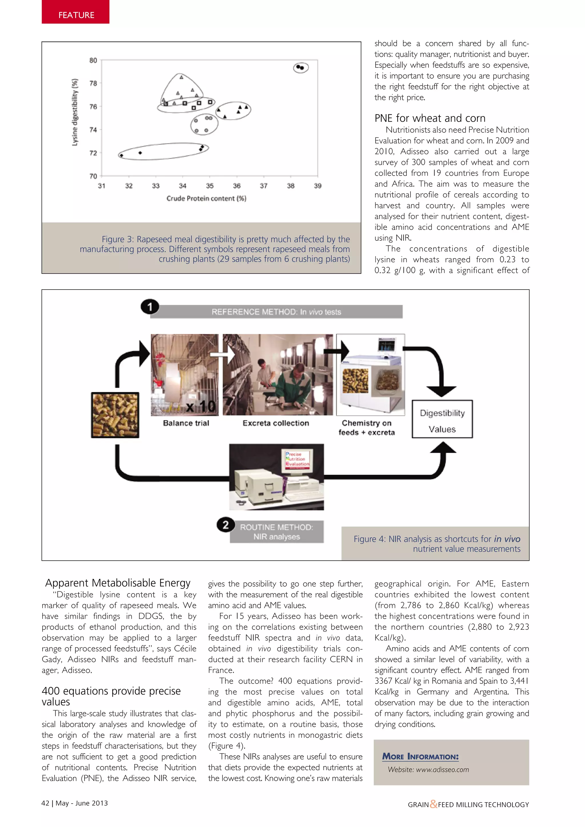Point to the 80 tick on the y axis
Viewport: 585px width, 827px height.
pyautogui.click(x=93, y=60)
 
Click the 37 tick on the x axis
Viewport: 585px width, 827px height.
pyautogui.click(x=263, y=186)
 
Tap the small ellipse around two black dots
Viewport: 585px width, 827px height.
pyautogui.click(x=301, y=67)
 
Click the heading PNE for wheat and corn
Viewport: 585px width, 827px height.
pyautogui.click(x=430, y=118)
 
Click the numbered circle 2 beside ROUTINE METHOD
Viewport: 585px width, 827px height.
pyautogui.click(x=225, y=525)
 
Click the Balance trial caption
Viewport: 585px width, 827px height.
pyautogui.click(x=186, y=423)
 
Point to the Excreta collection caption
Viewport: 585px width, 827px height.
pyautogui.click(x=276, y=423)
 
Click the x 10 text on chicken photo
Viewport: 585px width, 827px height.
pyautogui.click(x=201, y=407)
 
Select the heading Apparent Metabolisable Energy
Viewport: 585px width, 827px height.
pyautogui.click(x=117, y=583)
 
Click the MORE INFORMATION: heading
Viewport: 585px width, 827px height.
pyautogui.click(x=420, y=757)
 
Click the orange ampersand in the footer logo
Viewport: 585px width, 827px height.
pyautogui.click(x=433, y=804)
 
